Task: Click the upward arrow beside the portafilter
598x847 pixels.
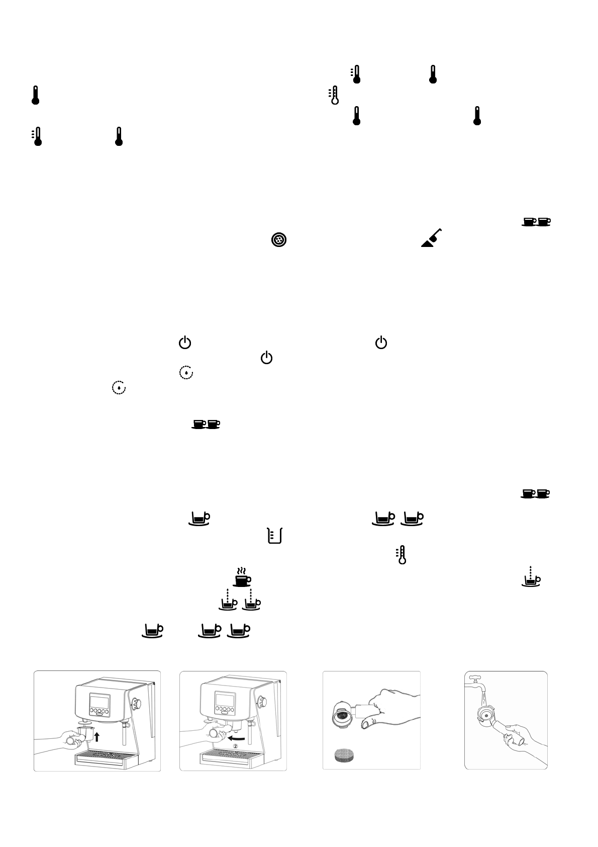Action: [x=97, y=737]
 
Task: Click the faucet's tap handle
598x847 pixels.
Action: [x=473, y=677]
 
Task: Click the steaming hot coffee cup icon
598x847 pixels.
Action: [x=242, y=577]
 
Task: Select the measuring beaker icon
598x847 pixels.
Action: [x=274, y=536]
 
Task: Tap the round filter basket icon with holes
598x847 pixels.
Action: [x=279, y=240]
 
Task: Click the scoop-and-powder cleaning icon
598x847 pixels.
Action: [x=431, y=239]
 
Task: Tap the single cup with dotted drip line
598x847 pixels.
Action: [x=532, y=577]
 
